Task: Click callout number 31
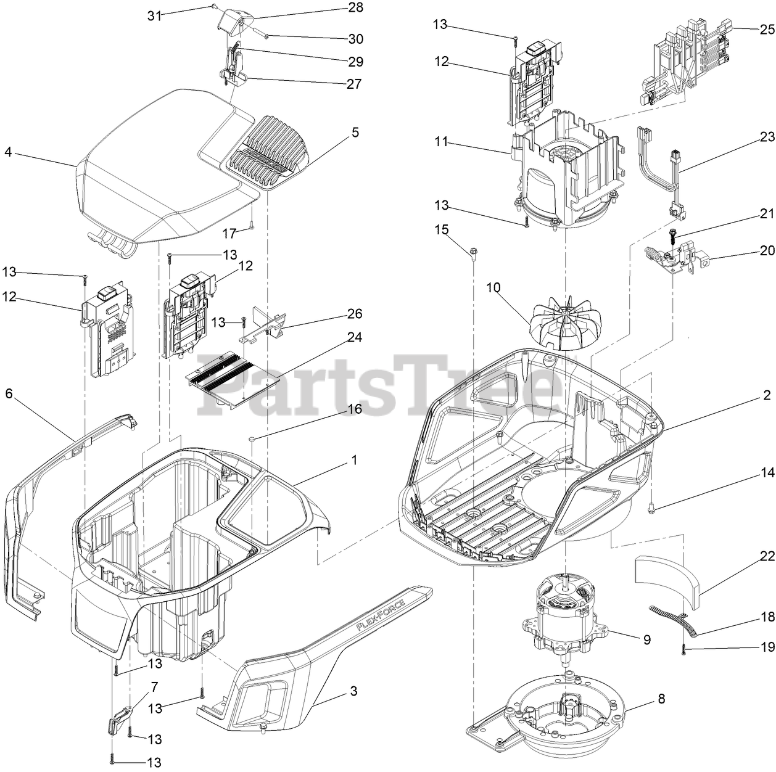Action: (x=155, y=16)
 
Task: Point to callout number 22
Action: (x=767, y=556)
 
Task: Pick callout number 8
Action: (x=661, y=699)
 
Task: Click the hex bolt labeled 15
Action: (x=473, y=252)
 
